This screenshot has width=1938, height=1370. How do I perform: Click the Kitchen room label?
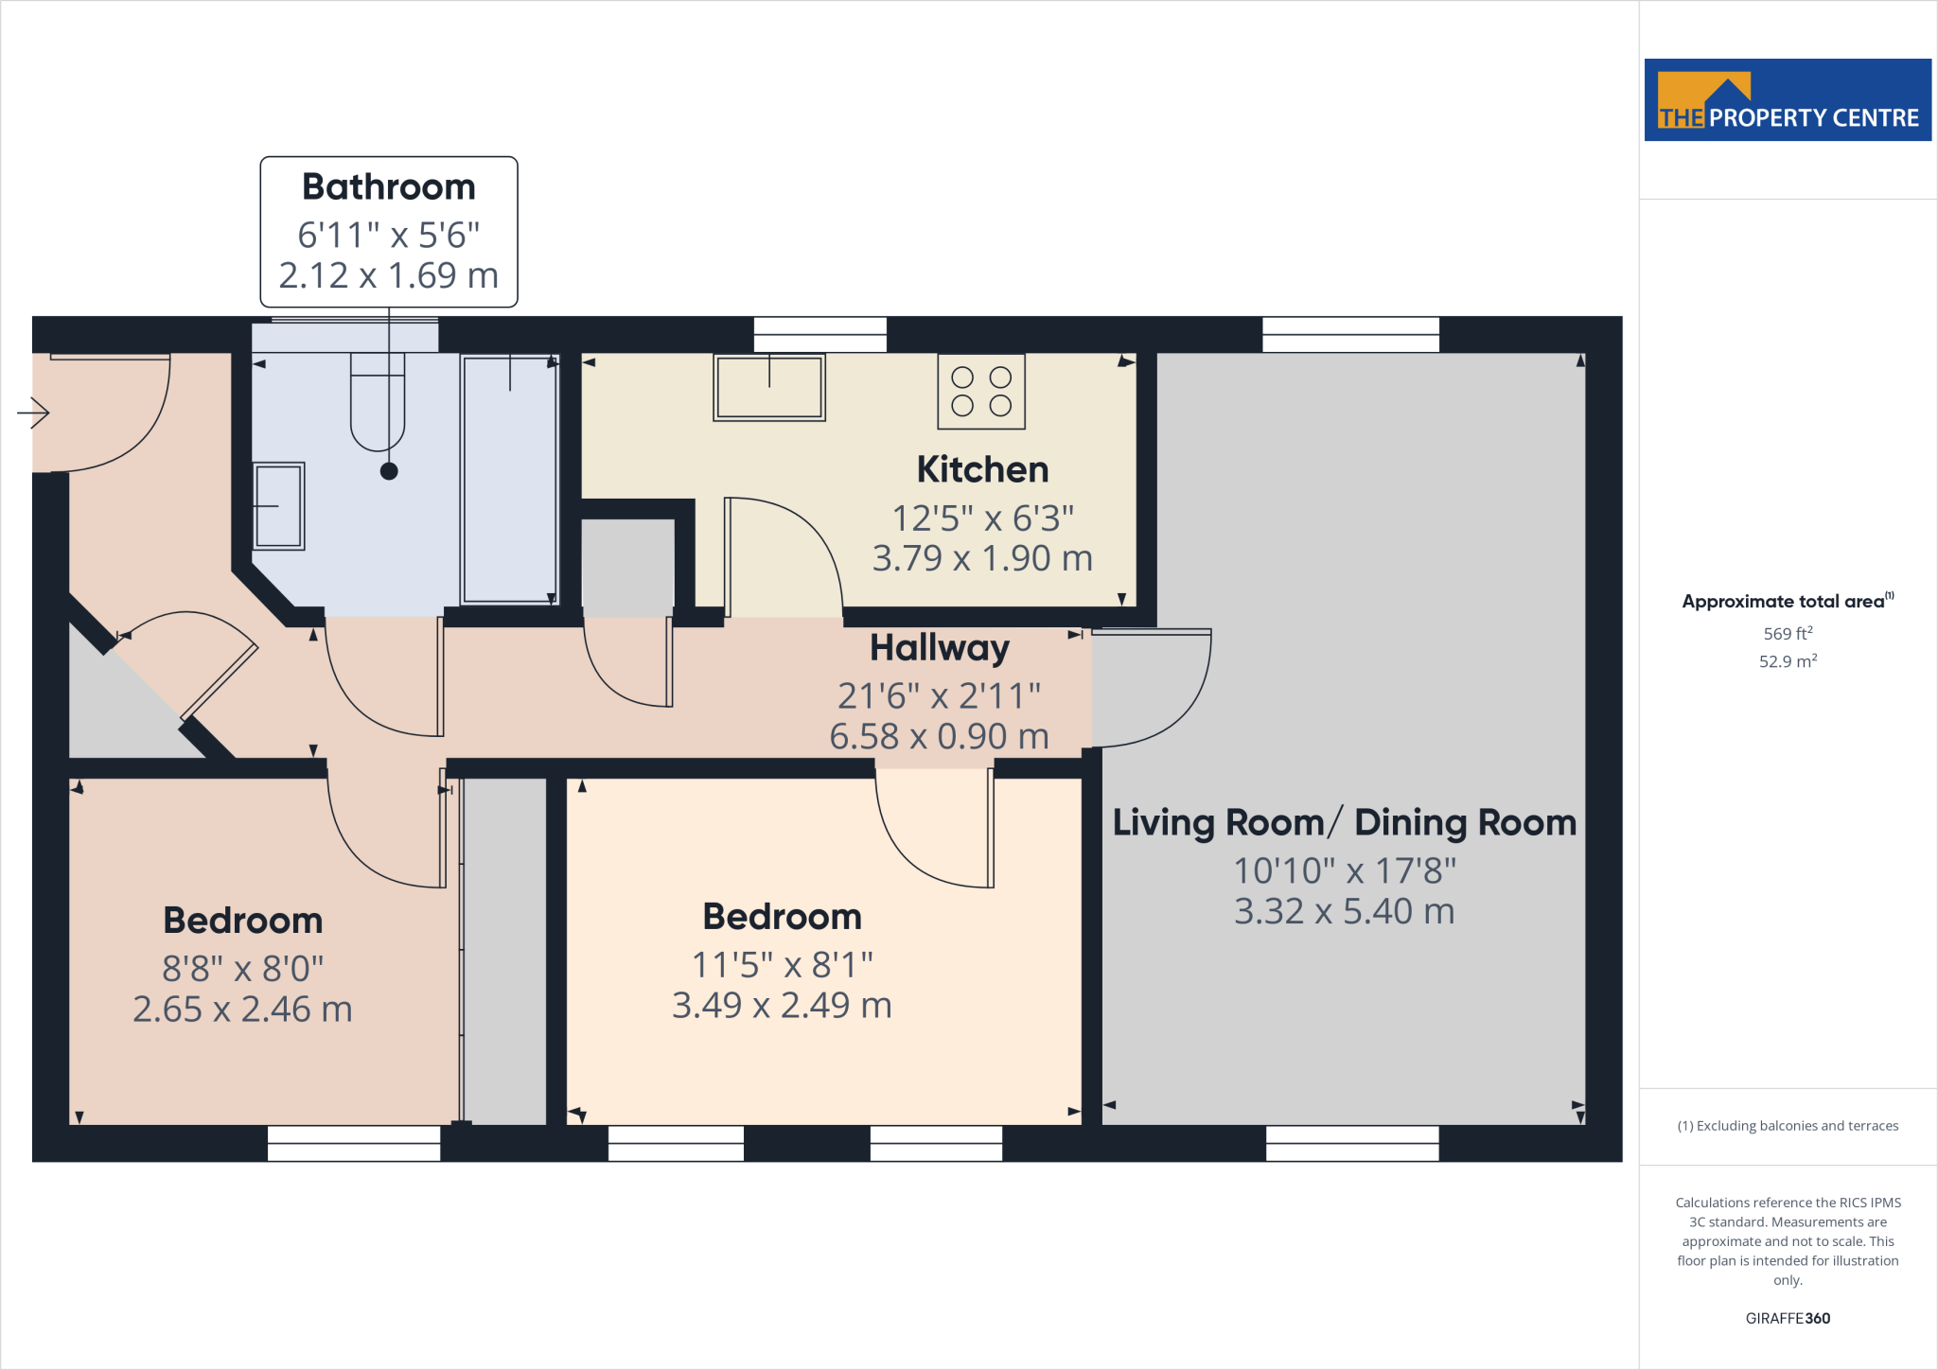pos(982,469)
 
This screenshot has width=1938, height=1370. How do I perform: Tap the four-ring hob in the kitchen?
pos(981,392)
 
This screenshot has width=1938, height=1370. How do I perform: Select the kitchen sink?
pos(768,387)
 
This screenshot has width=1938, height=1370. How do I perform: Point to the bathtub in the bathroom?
pos(510,479)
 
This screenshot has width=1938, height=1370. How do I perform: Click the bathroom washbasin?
pos(278,506)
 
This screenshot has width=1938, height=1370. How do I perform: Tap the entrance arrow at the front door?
pos(34,413)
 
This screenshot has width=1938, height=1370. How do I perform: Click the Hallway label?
pos(939,648)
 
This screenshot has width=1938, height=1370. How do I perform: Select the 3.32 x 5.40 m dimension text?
pos(1344,911)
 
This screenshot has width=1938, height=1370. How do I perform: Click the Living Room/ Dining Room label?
pos(1344,822)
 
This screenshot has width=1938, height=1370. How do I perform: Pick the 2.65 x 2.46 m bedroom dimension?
pos(242,1010)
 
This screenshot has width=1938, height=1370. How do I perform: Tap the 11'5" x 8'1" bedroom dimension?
pos(782,965)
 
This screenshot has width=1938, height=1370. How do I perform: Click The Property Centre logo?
pos(1787,100)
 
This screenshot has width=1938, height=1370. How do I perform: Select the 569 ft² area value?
pos(1788,634)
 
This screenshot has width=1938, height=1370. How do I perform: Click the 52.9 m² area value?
pos(1788,661)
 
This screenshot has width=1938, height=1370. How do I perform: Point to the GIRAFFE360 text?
pos(1788,1318)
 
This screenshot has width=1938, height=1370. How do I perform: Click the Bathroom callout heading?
pos(388,187)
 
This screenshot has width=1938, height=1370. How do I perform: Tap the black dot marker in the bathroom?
pos(389,471)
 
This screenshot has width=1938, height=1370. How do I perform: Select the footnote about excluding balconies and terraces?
pos(1788,1126)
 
